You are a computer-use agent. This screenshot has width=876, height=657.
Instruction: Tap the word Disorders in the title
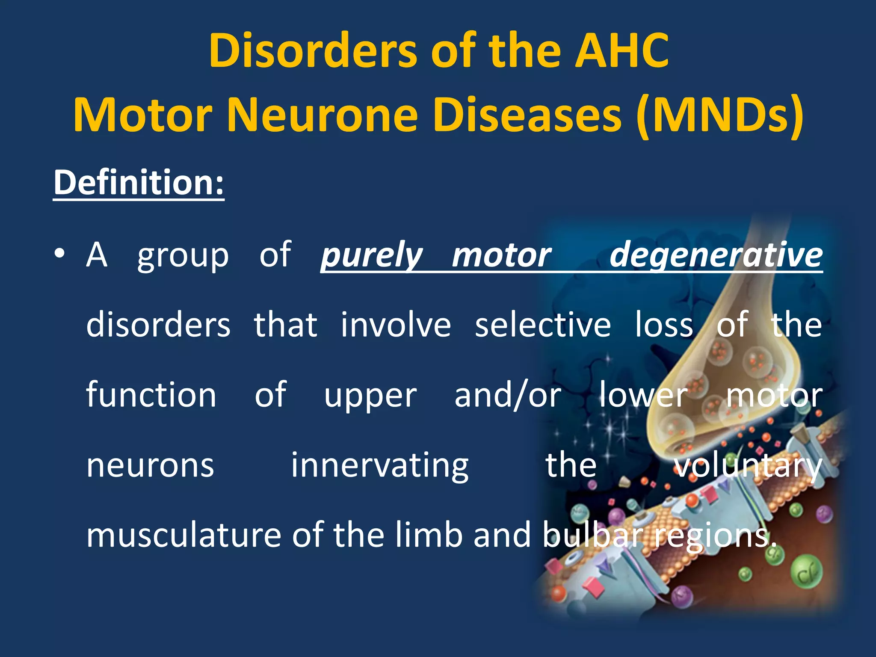click(313, 51)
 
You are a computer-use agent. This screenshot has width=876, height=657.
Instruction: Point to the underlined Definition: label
click(139, 183)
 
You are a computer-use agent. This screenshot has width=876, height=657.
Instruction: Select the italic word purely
click(372, 255)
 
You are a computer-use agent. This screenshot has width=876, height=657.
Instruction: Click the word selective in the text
click(543, 325)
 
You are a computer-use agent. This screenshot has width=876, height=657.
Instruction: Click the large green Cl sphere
click(806, 571)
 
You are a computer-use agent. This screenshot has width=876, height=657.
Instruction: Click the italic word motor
click(501, 255)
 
